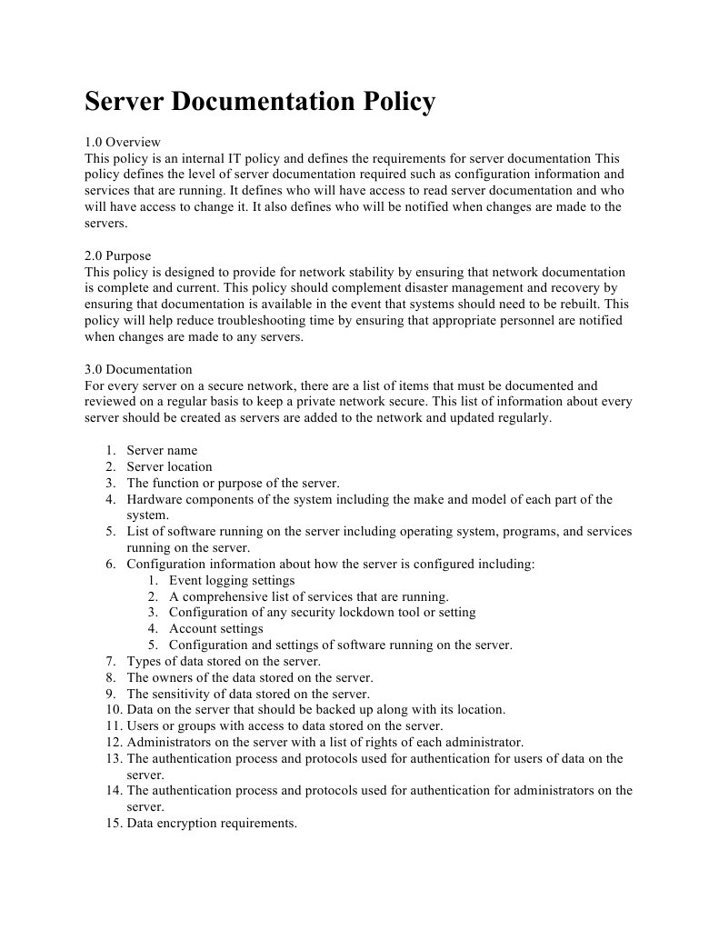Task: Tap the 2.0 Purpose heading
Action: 118,255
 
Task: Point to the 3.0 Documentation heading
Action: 138,369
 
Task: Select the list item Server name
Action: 162,450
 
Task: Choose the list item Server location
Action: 169,466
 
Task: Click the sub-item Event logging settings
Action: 232,580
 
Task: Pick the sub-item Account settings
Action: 216,629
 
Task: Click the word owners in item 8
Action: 173,677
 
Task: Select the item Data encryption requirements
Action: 212,824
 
